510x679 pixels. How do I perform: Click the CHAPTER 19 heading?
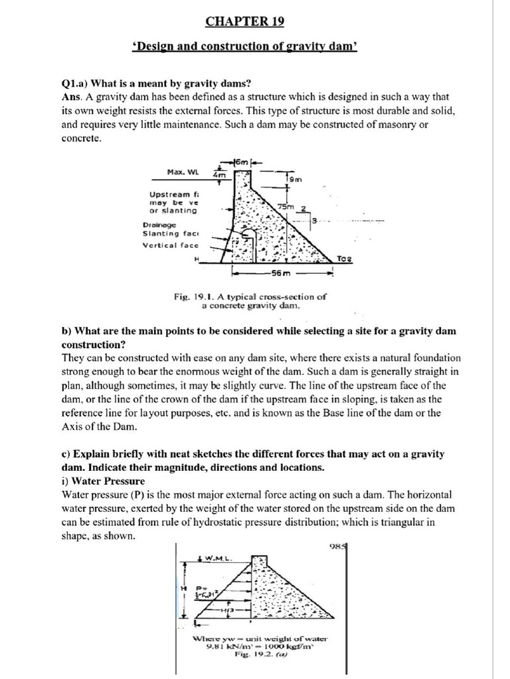click(x=244, y=21)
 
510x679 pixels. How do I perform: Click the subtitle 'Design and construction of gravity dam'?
click(x=245, y=49)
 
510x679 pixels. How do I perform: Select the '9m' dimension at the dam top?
click(x=295, y=178)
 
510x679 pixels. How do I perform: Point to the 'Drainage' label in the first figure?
click(x=158, y=224)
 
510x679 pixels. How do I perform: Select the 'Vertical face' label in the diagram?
click(x=170, y=245)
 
